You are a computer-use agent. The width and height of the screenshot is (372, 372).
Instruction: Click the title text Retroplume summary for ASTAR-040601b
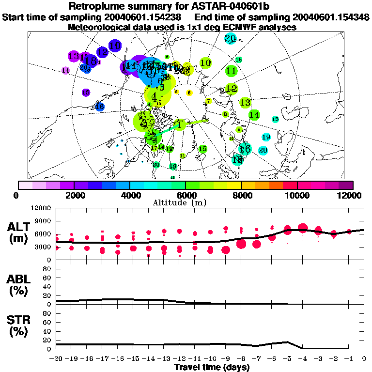click(x=186, y=6)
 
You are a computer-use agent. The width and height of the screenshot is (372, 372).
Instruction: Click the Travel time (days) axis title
click(x=211, y=368)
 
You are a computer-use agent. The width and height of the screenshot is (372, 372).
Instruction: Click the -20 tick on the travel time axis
click(x=57, y=359)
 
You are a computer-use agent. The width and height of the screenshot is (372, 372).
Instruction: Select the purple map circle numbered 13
click(x=74, y=57)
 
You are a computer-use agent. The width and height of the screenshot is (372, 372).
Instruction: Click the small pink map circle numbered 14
click(x=66, y=71)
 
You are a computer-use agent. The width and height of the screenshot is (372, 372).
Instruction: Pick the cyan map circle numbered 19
click(x=265, y=137)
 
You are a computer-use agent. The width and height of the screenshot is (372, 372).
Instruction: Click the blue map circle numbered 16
click(x=100, y=107)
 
